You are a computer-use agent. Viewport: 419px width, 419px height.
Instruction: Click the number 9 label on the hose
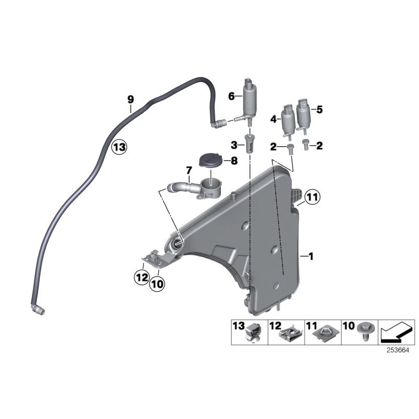point(130,99)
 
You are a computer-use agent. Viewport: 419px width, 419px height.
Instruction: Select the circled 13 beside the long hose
point(119,147)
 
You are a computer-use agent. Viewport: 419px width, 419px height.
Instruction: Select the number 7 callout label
point(188,170)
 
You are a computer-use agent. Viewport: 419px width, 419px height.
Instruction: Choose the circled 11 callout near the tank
point(312,197)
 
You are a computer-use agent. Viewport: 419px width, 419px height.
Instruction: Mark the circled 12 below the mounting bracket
point(141,277)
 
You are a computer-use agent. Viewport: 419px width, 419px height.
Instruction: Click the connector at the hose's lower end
point(38,310)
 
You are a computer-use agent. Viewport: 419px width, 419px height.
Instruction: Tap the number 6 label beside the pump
point(231,96)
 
